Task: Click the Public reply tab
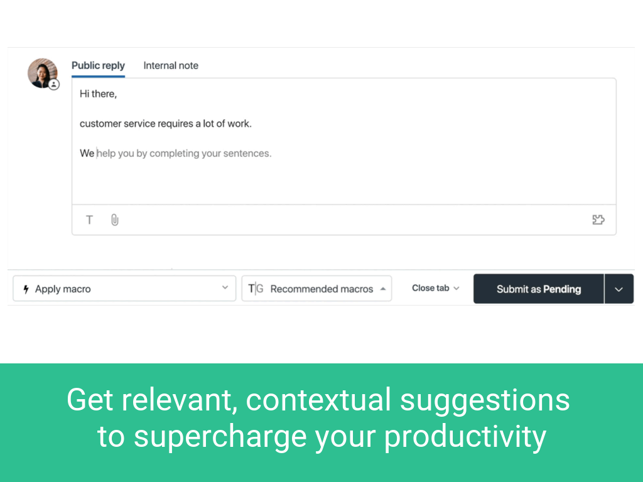pos(98,65)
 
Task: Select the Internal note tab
pos(171,65)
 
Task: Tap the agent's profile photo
pos(42,73)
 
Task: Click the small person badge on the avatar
pos(54,85)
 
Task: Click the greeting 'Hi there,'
pos(99,94)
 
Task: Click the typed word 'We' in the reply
pos(87,153)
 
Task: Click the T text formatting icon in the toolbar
pos(89,220)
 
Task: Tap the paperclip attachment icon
pos(115,220)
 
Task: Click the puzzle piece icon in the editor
pos(598,220)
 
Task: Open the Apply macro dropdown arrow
pos(225,287)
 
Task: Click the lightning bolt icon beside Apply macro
pos(26,289)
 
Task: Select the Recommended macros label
pos(322,289)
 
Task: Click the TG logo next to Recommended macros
pos(256,289)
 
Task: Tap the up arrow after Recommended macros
pos(382,289)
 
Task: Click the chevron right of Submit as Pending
pos(619,289)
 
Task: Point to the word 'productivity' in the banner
pos(465,437)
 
